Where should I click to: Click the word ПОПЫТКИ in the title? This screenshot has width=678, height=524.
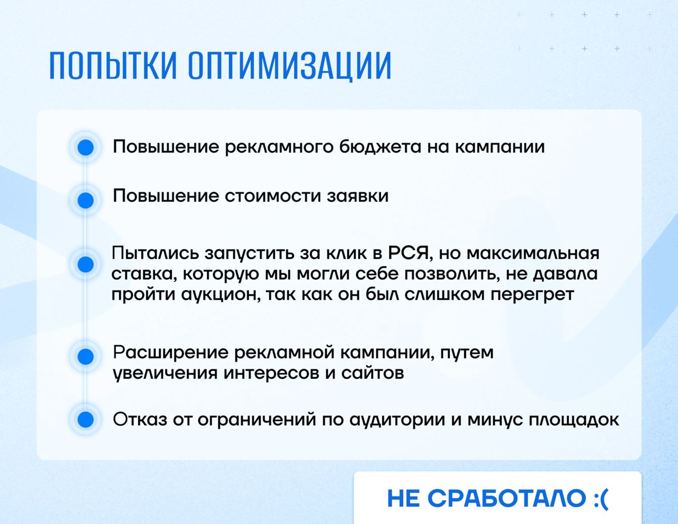click(x=113, y=65)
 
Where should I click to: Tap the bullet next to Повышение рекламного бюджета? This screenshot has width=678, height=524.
click(x=86, y=147)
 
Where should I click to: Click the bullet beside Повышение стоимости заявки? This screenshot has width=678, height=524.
click(x=86, y=200)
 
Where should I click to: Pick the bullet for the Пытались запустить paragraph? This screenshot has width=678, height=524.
click(x=86, y=264)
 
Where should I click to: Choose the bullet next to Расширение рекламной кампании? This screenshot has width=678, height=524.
click(x=86, y=356)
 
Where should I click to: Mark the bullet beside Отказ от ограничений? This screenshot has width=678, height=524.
click(x=86, y=419)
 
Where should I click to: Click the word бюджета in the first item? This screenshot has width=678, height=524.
click(x=380, y=147)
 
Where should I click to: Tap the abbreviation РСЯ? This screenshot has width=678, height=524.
click(x=408, y=253)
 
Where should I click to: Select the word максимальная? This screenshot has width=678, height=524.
click(x=533, y=254)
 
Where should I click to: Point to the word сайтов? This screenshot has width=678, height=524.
click(x=372, y=374)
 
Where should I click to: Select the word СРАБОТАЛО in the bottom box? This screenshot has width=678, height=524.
click(x=507, y=498)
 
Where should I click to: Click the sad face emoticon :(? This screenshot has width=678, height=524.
click(x=601, y=499)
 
